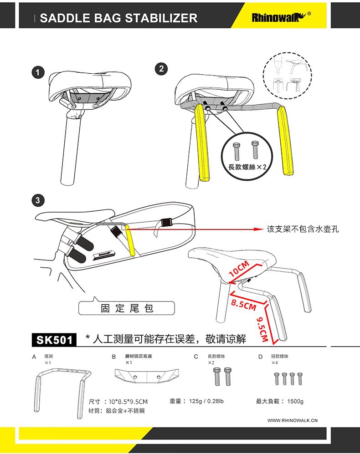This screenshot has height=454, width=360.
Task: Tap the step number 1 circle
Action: point(39,72)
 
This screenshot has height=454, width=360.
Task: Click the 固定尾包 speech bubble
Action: point(127,308)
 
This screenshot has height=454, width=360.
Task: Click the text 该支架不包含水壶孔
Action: point(303,229)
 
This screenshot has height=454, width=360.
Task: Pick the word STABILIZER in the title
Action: point(161,18)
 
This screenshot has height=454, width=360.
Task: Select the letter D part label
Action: point(260,357)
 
